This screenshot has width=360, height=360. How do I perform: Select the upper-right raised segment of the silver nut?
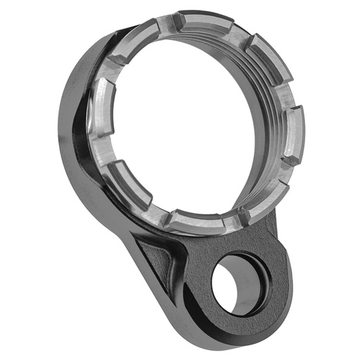tap(271, 60)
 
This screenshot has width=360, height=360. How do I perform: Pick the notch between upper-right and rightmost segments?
tap(292, 91)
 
